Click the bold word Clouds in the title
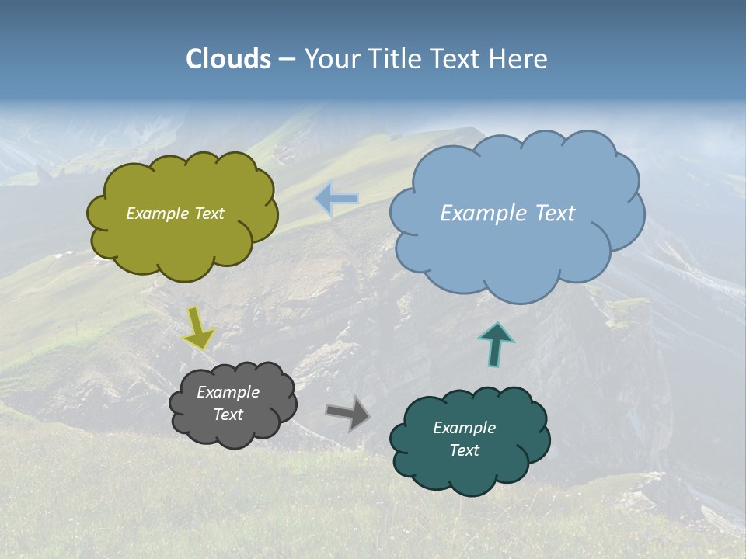[228, 58]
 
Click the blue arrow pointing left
[336, 199]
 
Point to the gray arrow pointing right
[348, 412]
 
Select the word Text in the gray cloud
[228, 415]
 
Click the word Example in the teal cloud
[464, 428]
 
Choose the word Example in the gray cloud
[228, 392]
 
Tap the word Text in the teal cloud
[464, 450]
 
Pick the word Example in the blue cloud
[480, 214]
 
